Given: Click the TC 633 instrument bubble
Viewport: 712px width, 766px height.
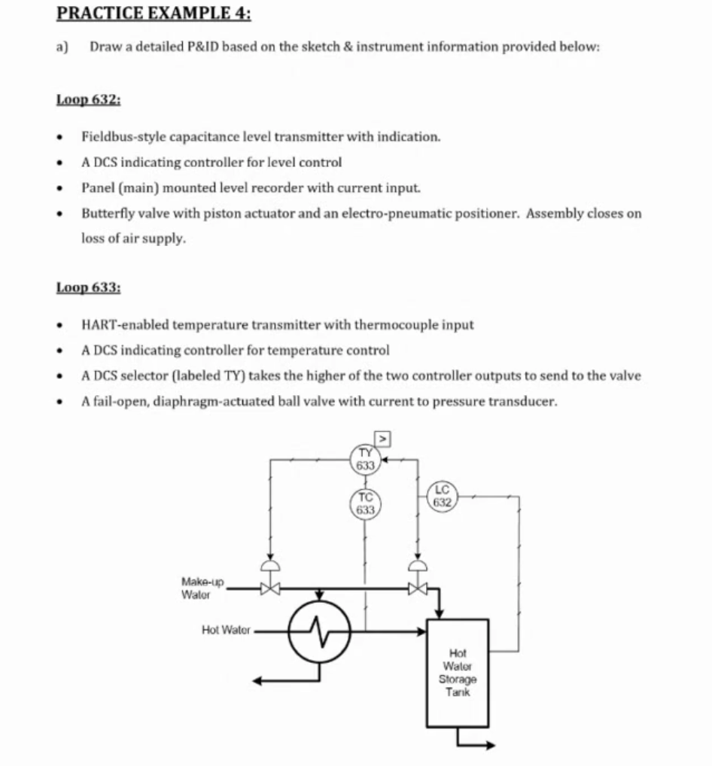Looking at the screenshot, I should (366, 503).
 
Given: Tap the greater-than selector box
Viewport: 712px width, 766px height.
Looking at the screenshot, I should (382, 437).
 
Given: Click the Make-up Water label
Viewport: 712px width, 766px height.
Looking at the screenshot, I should (202, 588).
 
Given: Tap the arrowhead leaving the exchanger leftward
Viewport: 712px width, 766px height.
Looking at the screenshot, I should (258, 681).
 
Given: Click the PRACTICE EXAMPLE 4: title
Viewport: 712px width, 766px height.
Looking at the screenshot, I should (154, 12).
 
